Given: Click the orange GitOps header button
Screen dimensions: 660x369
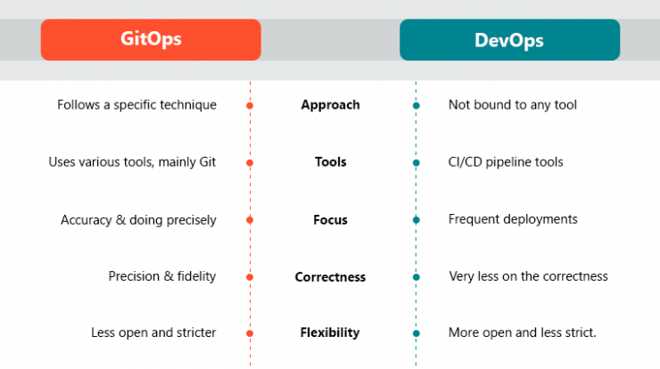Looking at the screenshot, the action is click(x=151, y=39).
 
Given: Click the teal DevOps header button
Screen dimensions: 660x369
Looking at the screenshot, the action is click(x=510, y=39).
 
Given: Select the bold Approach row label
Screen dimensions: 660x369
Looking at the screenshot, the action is click(x=330, y=105).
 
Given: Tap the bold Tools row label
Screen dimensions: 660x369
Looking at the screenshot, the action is click(x=330, y=162).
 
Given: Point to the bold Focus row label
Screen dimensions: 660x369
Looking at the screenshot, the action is click(x=330, y=219).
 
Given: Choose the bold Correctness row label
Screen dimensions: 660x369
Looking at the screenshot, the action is click(x=330, y=277).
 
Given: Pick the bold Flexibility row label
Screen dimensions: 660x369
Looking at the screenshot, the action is click(x=330, y=332).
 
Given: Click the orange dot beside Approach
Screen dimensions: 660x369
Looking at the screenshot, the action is click(x=250, y=105).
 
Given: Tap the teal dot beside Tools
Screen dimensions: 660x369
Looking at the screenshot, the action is click(x=417, y=163).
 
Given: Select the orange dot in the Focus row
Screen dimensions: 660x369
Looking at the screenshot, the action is click(x=250, y=220).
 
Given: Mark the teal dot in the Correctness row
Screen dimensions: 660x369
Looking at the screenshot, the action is click(x=417, y=277).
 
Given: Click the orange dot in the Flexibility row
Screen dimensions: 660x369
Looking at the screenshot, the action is click(x=250, y=333).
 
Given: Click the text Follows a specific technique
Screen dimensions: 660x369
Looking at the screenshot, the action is click(x=136, y=105).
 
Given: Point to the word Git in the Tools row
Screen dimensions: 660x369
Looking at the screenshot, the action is click(x=208, y=162).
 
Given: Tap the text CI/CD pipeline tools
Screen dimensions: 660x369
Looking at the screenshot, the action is click(x=506, y=162).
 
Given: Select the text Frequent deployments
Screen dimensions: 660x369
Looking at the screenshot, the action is click(x=513, y=219).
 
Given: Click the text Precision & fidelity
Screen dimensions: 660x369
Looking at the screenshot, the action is click(x=162, y=276).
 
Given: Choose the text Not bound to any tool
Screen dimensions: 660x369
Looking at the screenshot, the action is click(x=513, y=105).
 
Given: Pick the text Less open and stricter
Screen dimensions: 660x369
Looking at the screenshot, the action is click(x=153, y=332).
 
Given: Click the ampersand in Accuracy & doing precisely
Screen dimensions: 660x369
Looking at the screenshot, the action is click(x=120, y=219).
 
